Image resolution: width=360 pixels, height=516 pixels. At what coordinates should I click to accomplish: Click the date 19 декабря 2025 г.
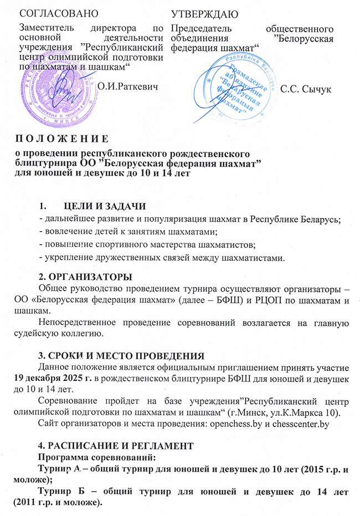pos(49,378)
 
